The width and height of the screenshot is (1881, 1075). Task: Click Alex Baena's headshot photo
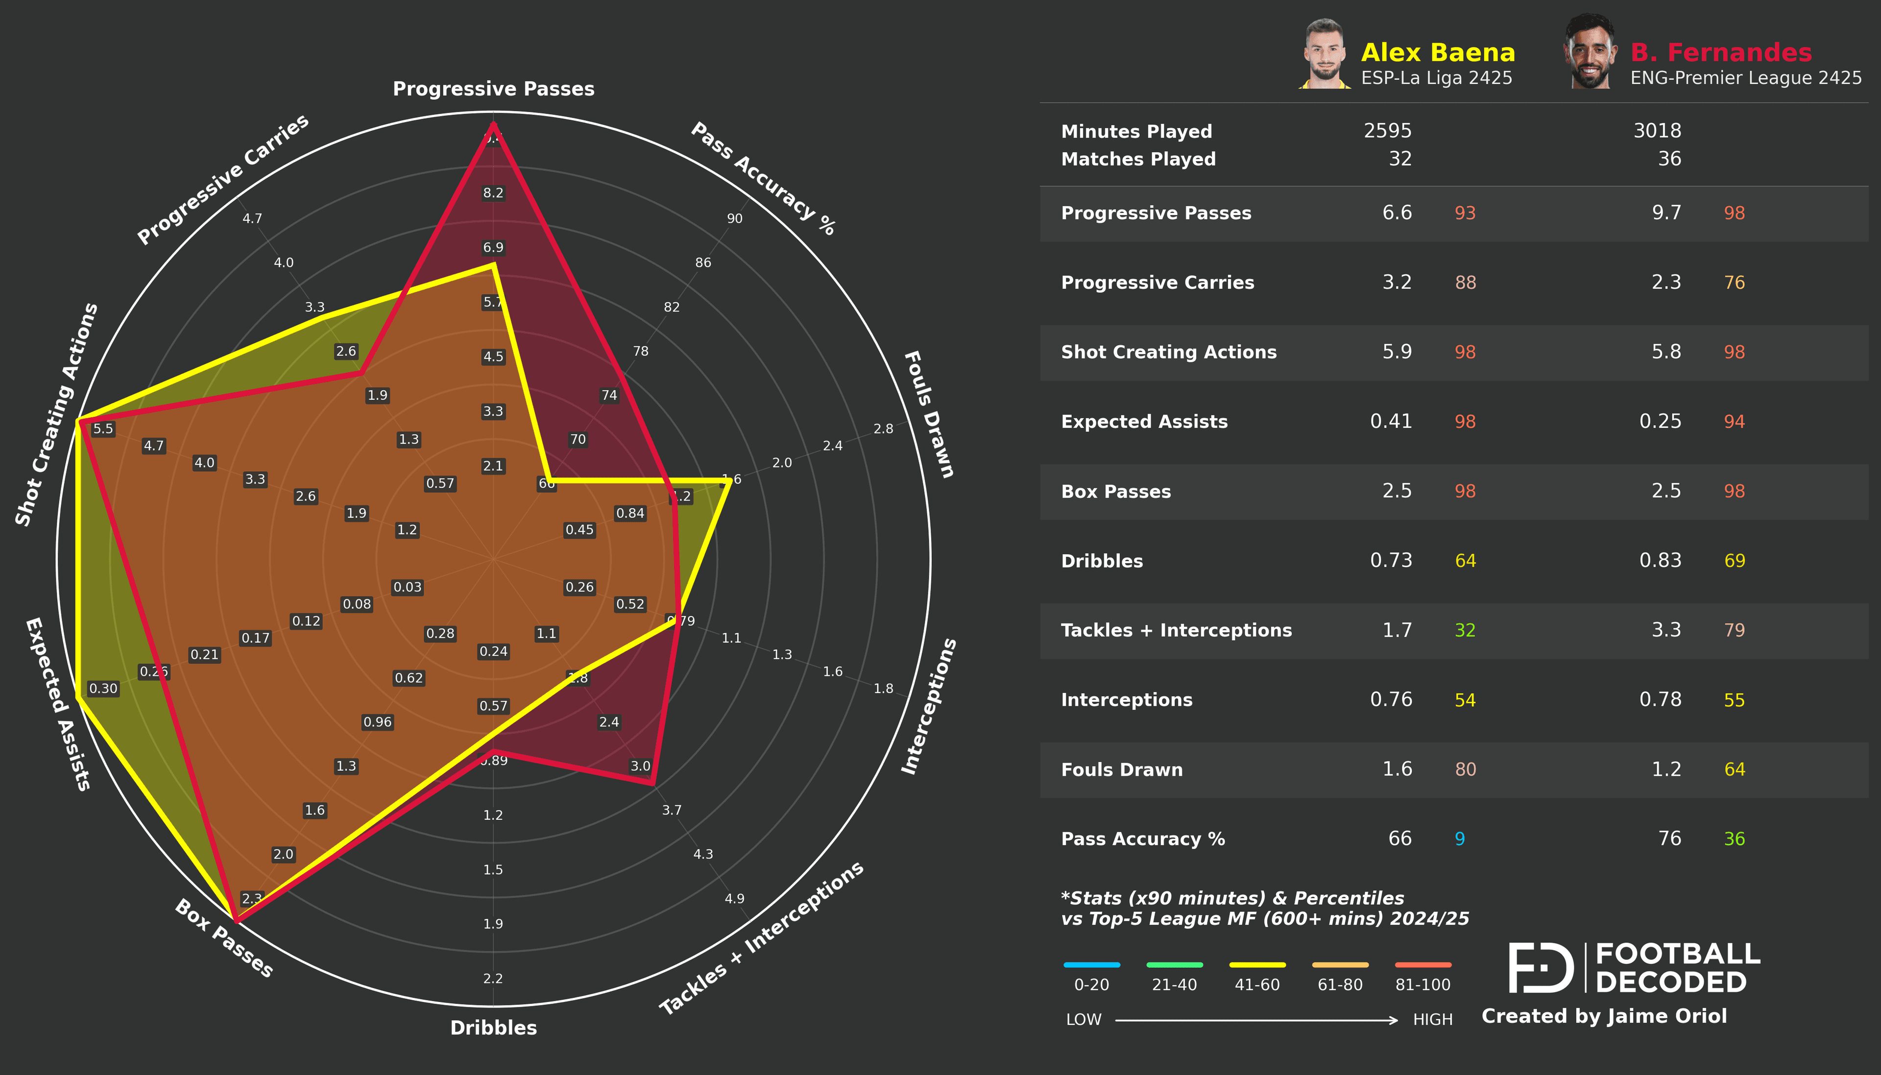(x=1325, y=53)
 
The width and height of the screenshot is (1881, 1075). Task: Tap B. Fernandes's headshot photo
(x=1590, y=52)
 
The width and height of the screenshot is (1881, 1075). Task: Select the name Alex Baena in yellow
(x=1437, y=52)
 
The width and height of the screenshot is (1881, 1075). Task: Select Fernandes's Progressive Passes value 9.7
(x=1665, y=213)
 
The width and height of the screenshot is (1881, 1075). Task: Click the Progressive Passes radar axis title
(x=493, y=89)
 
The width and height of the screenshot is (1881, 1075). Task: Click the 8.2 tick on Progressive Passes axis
(x=493, y=192)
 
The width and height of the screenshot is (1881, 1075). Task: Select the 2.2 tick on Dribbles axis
(x=493, y=979)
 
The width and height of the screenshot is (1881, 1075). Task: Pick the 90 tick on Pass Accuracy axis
(x=735, y=218)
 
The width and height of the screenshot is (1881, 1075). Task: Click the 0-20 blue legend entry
(x=1091, y=975)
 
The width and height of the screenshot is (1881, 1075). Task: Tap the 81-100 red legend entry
(x=1423, y=975)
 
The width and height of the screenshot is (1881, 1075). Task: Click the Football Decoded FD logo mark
(x=1540, y=967)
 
